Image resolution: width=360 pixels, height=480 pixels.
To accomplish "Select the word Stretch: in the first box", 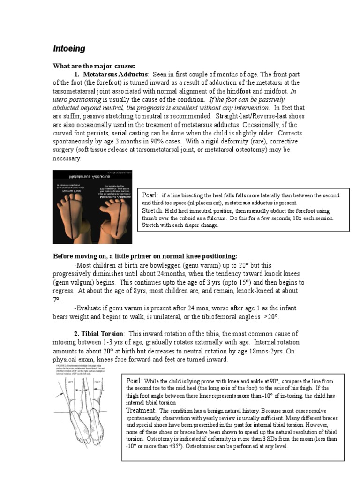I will pos(152,211).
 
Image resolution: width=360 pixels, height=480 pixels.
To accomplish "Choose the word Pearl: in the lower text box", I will pos(136,381).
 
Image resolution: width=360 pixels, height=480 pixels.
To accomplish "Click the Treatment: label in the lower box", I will pos(142,410).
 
